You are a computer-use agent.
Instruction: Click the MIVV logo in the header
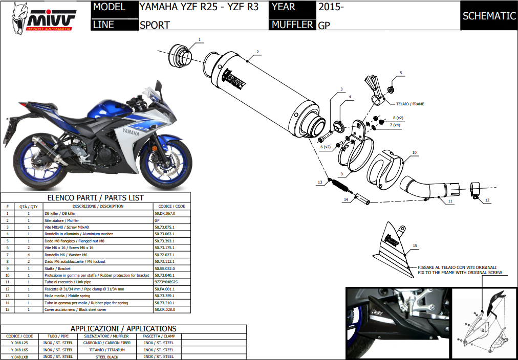(44, 18)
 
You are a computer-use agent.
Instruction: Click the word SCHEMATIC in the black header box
(489, 16)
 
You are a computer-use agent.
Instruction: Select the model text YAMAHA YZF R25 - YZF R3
(199, 8)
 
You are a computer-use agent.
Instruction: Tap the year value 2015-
(331, 8)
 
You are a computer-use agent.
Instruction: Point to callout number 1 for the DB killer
(200, 39)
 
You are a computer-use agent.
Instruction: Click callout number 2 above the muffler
(258, 52)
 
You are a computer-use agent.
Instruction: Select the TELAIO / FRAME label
(411, 104)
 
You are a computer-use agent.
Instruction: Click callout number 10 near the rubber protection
(415, 152)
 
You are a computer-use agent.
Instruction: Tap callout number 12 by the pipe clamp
(487, 200)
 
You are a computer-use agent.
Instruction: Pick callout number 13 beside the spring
(319, 182)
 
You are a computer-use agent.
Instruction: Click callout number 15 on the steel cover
(415, 246)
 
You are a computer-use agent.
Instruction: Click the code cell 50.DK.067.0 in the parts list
(165, 213)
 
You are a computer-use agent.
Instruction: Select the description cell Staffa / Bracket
(58, 268)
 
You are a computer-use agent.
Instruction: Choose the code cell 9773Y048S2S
(166, 282)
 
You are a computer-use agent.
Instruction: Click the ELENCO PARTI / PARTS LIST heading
(96, 198)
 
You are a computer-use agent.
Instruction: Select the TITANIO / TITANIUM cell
(107, 350)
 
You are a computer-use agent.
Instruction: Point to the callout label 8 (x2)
(398, 118)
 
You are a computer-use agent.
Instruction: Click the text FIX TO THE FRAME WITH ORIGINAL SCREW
(460, 273)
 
